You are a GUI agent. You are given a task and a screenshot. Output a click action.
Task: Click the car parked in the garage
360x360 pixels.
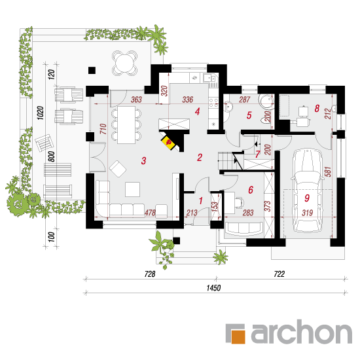307,190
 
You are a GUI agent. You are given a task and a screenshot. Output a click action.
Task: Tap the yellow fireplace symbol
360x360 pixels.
170,143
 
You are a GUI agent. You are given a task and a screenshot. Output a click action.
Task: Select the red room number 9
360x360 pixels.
307,198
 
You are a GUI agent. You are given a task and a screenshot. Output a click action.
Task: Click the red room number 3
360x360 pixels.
143,161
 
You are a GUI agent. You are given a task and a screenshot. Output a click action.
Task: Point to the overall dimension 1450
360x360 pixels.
213,288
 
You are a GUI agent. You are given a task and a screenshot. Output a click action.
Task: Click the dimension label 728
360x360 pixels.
150,274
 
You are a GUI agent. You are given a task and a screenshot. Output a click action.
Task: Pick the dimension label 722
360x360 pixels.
279,274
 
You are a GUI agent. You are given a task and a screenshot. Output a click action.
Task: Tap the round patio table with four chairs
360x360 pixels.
124,63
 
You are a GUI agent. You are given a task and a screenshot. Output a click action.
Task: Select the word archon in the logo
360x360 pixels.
302,332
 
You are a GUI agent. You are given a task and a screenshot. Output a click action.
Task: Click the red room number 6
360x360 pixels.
251,190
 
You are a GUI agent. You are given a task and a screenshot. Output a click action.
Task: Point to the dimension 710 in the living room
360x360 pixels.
103,129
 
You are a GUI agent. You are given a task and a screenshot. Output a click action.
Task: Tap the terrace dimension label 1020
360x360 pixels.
41,113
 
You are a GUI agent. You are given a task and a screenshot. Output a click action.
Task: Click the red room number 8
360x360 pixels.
317,109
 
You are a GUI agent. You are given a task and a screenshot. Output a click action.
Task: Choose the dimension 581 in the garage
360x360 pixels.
328,171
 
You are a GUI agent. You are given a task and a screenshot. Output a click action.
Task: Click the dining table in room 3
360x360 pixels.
126,124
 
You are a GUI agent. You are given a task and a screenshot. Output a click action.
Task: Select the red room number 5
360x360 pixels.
249,115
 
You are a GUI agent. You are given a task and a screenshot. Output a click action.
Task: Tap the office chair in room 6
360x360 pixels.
239,202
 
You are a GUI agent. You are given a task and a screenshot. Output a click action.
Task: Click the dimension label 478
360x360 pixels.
150,213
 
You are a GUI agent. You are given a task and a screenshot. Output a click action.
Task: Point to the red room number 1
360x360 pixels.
201,201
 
